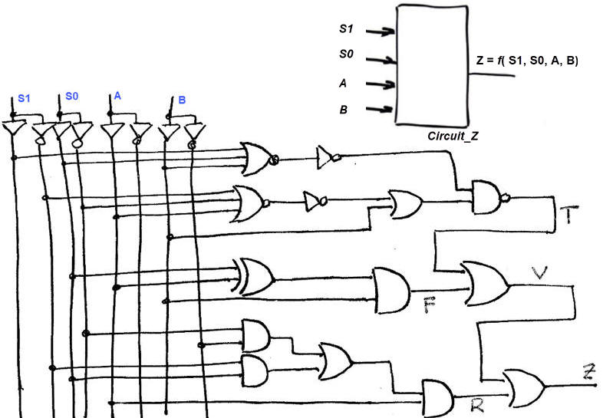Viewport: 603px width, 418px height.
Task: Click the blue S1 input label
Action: tap(25, 100)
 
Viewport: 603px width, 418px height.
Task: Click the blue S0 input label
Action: tap(71, 97)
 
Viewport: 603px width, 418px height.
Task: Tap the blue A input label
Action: tap(117, 96)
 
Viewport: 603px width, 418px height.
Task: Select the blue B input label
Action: tap(182, 100)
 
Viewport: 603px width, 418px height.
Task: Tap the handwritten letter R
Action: tap(477, 406)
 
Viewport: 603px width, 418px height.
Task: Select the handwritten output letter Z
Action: tap(588, 374)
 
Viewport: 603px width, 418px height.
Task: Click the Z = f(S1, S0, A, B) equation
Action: tap(522, 59)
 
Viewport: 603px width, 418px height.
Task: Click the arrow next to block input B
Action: tap(380, 110)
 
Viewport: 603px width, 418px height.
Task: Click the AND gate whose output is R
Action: tap(438, 396)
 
